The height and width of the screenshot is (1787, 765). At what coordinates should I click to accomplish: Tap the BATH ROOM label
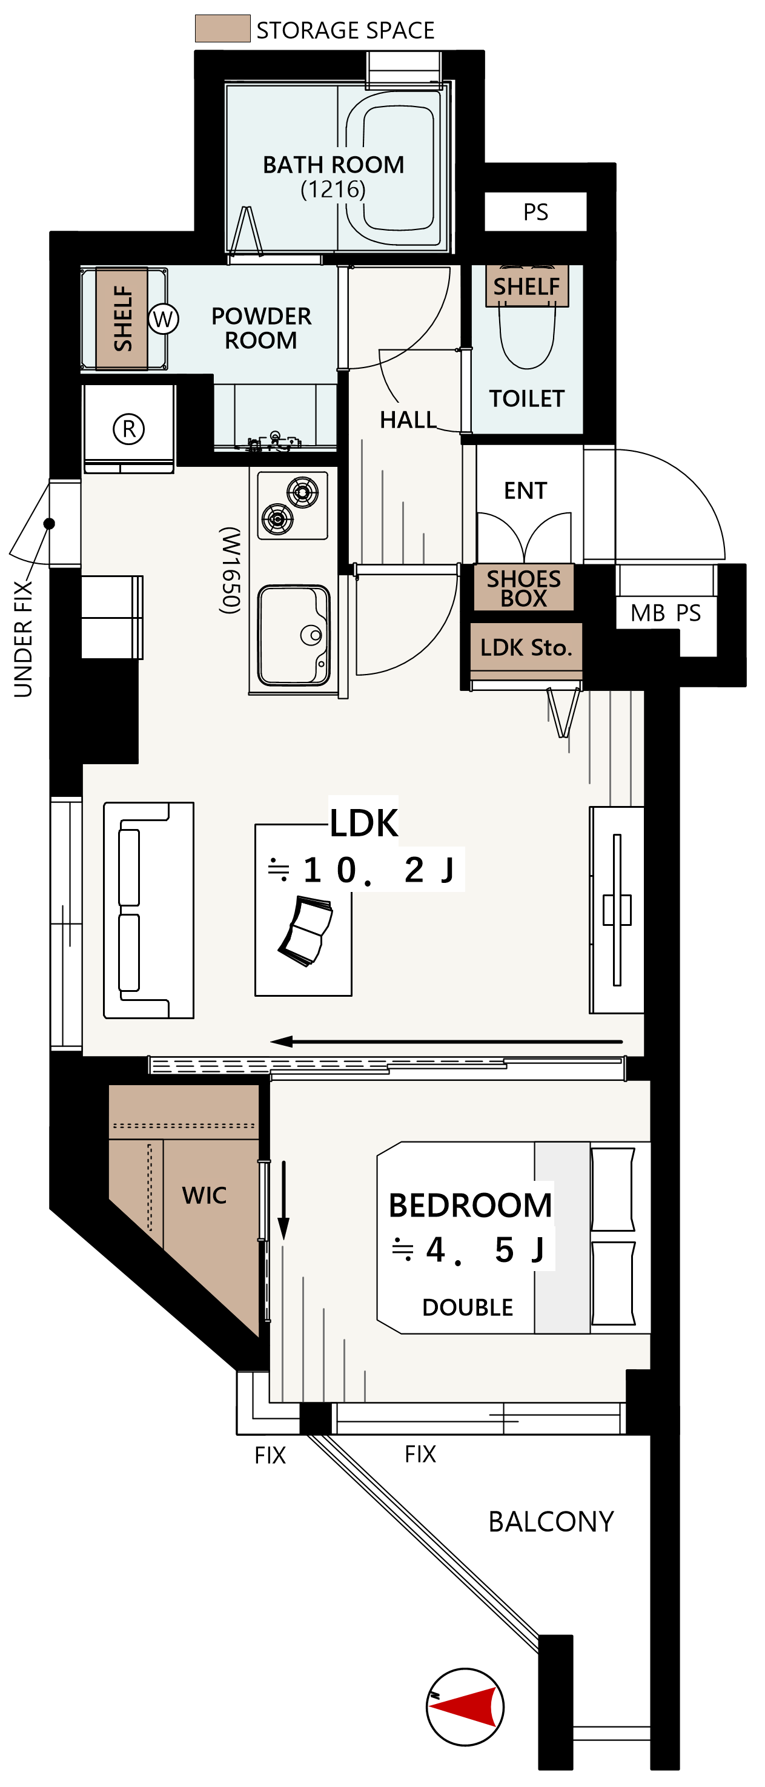pos(333,165)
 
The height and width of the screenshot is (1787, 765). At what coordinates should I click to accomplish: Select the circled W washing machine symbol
pos(163,319)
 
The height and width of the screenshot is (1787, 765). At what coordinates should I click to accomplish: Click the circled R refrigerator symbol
pos(128,429)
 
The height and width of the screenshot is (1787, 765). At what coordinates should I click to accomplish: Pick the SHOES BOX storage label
pos(524,588)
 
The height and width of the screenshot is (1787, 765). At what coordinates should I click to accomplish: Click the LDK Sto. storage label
pos(526,648)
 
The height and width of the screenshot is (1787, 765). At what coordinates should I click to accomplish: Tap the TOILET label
pos(527,399)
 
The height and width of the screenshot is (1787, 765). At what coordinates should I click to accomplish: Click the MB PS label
pos(666,613)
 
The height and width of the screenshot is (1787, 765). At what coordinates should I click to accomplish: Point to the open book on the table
pos(306,931)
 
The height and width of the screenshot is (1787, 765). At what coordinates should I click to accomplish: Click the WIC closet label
pos(204,1195)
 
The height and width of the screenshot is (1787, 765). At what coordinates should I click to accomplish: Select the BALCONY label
pos(551,1522)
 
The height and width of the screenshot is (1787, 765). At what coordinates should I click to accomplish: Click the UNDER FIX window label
pos(23,638)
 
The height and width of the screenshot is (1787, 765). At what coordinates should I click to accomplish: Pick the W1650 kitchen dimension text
pos(230,570)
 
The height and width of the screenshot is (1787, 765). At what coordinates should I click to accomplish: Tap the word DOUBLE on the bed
pos(468,1307)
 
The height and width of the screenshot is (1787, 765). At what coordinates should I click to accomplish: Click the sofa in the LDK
pos(148,910)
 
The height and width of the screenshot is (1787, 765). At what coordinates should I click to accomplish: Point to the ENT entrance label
pos(525,491)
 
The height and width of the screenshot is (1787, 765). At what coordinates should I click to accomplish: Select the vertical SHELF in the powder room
pos(122,319)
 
